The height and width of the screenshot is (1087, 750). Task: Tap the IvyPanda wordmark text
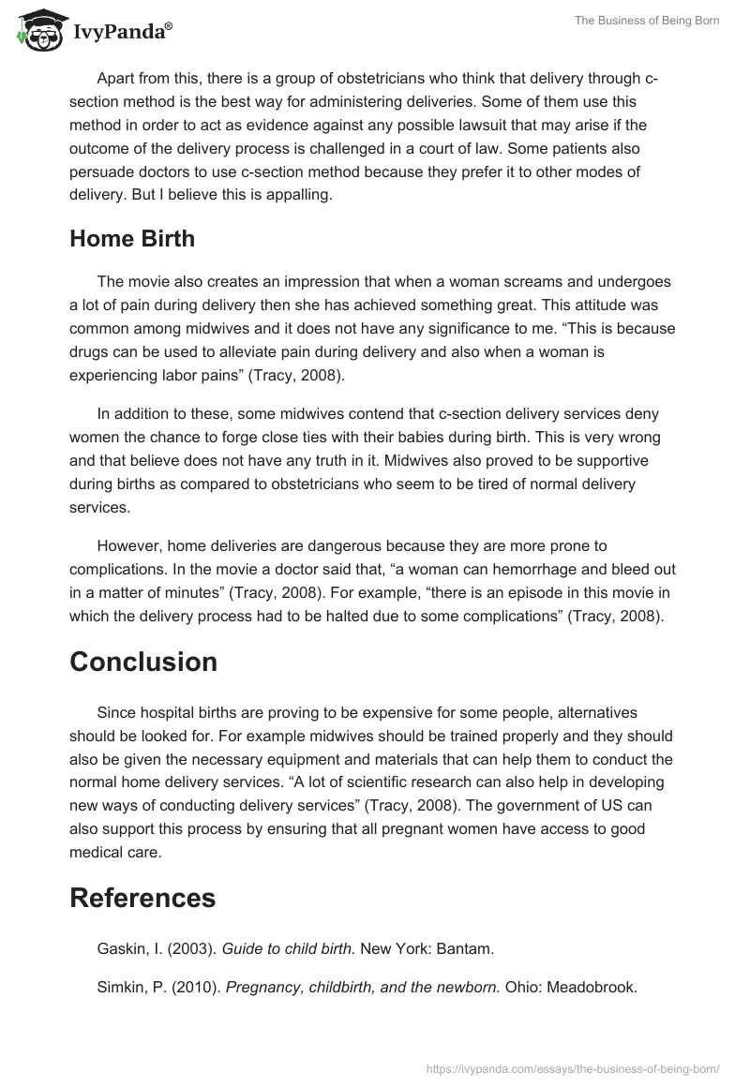[x=122, y=33]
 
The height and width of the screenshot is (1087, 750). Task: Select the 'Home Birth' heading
[x=132, y=238]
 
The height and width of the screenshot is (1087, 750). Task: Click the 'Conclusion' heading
[x=143, y=662]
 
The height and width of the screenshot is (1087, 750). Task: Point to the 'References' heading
[x=142, y=898]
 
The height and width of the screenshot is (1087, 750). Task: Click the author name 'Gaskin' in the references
[x=120, y=948]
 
